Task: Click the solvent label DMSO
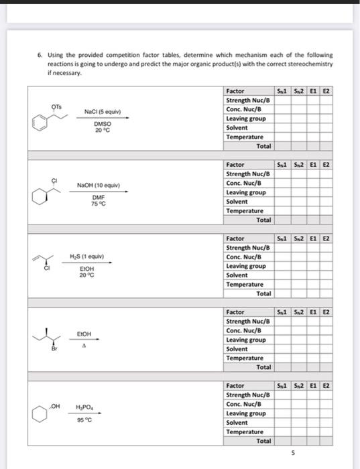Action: [x=103, y=123]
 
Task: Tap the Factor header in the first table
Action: [x=235, y=90]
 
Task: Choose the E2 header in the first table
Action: [x=326, y=90]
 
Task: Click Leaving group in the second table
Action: [x=245, y=192]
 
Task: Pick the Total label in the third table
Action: [x=263, y=293]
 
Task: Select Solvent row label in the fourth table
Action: [x=237, y=348]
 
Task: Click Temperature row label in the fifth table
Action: [x=245, y=431]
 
